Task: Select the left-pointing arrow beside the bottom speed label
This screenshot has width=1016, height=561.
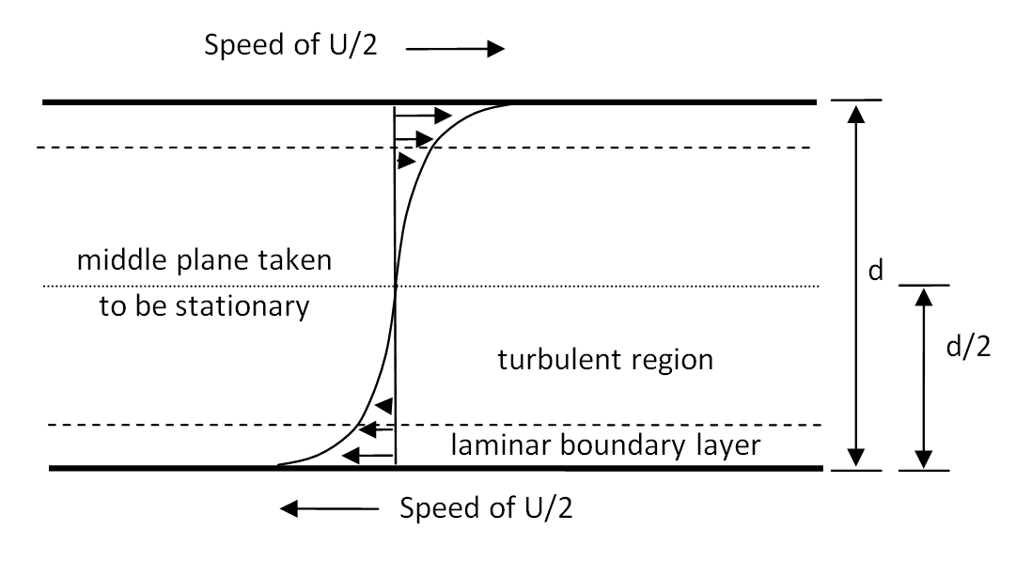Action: pos(329,509)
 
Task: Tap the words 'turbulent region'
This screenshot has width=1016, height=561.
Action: pos(605,359)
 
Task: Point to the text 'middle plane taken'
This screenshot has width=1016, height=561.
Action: pos(204,259)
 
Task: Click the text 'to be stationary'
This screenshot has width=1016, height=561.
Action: pos(204,306)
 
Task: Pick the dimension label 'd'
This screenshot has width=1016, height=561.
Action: pos(875,272)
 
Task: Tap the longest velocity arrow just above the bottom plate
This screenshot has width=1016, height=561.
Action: pos(366,456)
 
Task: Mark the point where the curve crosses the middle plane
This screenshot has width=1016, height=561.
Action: pos(396,286)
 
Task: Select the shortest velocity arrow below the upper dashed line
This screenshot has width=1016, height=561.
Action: pos(406,161)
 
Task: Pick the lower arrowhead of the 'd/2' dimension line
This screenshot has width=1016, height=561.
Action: pos(924,458)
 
